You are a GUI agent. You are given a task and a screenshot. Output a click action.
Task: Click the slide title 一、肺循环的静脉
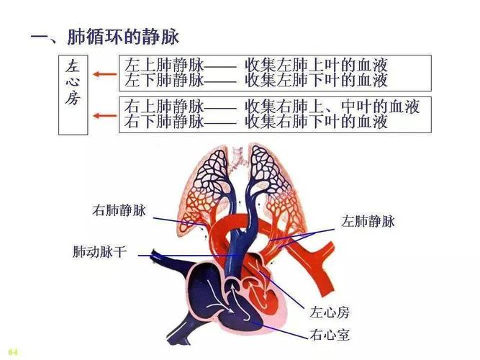point(104,36)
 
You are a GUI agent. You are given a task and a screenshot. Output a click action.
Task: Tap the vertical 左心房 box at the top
point(73,94)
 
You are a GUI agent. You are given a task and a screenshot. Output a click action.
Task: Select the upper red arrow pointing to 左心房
point(106,75)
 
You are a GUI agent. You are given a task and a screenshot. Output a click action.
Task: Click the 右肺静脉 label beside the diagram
point(119,211)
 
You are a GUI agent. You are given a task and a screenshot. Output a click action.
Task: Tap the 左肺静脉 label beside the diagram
point(368,222)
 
